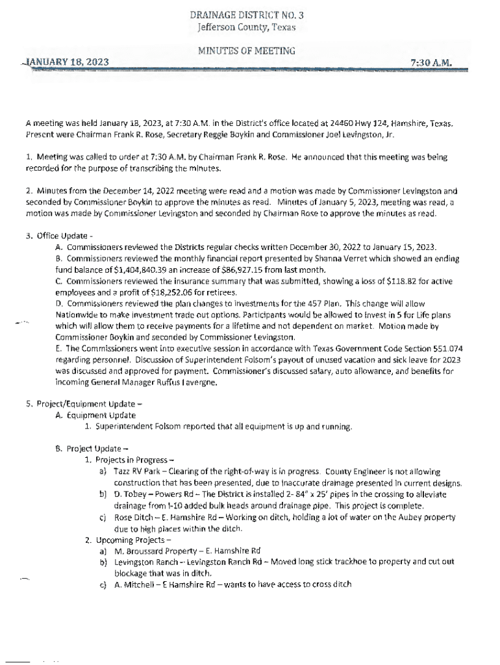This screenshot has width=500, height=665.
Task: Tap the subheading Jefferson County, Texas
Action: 246,27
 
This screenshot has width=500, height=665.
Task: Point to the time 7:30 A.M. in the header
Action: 431,62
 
